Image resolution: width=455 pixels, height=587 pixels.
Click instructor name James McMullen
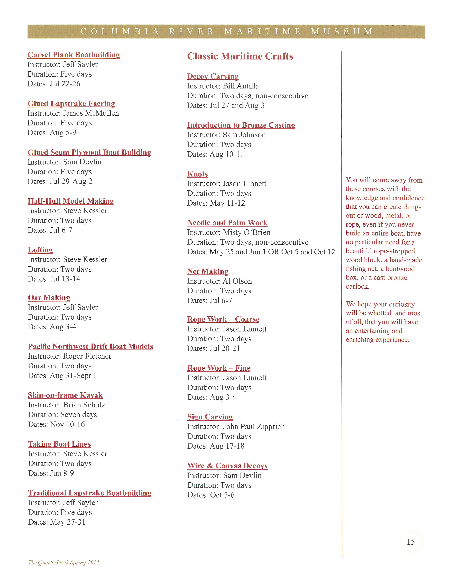point(91,113)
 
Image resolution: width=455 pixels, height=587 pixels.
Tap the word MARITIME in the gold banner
point(262,32)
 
